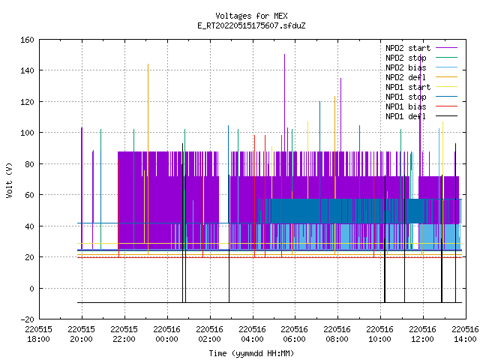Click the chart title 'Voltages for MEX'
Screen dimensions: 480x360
click(251, 16)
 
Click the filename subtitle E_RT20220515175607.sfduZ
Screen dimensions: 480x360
click(251, 25)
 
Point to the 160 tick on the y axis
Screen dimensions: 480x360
click(27, 40)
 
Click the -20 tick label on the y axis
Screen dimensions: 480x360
click(27, 319)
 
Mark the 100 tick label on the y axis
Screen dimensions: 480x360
click(27, 133)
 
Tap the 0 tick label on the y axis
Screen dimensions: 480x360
click(31, 288)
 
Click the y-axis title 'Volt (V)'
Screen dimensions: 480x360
click(9, 180)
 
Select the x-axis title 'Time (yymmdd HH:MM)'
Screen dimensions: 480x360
click(251, 353)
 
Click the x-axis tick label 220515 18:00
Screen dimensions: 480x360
click(38, 334)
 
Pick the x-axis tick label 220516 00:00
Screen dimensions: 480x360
click(166, 334)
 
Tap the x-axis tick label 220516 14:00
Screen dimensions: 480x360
click(465, 334)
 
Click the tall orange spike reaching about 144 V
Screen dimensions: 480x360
click(148, 159)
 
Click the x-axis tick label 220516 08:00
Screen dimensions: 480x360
click(337, 334)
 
